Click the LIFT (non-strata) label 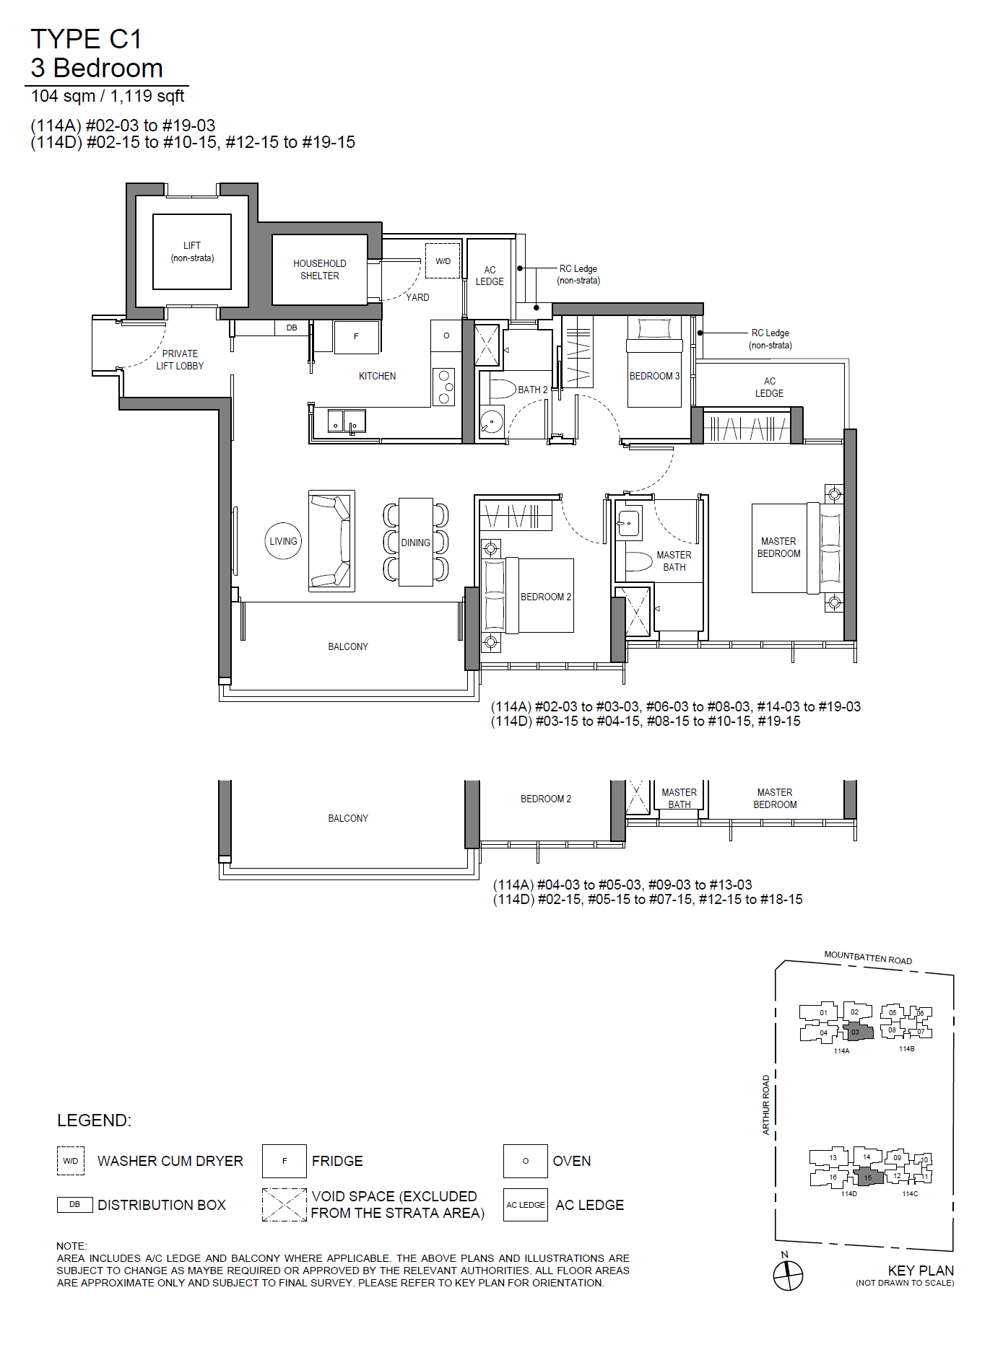point(192,252)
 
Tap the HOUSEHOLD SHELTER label point(320,270)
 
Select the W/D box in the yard point(443,260)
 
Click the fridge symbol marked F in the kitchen point(356,337)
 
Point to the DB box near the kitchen point(292,328)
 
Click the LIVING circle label point(283,541)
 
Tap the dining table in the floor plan point(416,542)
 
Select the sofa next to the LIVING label point(331,541)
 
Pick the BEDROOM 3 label point(654,376)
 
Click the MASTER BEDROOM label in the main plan point(778,548)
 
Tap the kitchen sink point(347,421)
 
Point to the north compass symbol point(788,1275)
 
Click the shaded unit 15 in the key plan point(869,1177)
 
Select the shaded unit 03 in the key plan point(858,1032)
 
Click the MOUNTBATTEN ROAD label point(868,957)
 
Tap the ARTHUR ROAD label point(766,1105)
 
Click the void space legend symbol point(285,1205)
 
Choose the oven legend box point(526,1161)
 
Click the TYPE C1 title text point(86,39)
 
